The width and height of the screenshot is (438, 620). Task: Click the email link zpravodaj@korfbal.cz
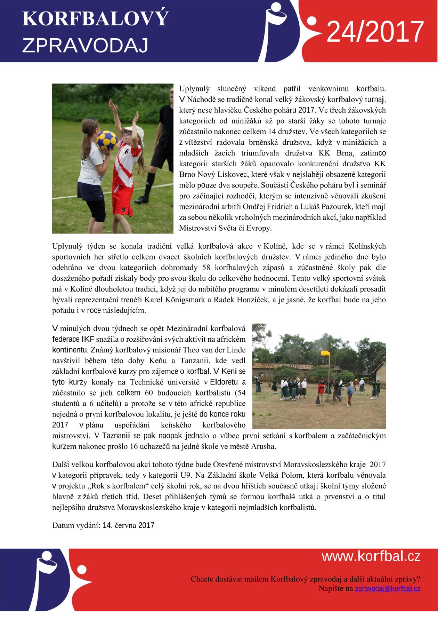[387, 589]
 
